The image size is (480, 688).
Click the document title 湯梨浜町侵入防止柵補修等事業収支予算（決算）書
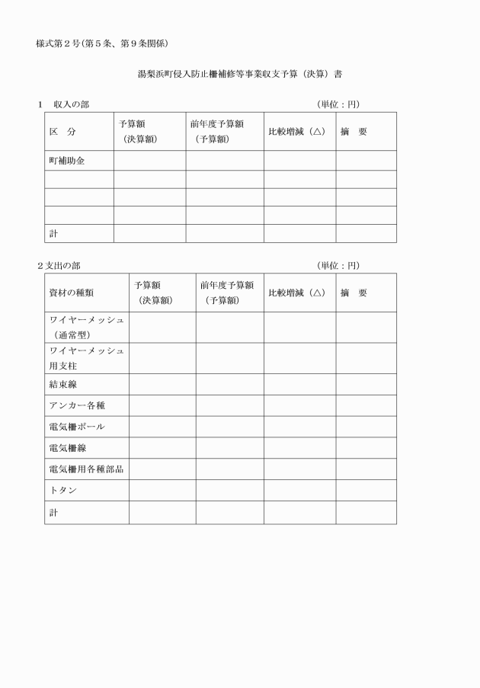click(x=239, y=75)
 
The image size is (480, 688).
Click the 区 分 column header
click(x=62, y=131)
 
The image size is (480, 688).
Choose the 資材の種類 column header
click(x=72, y=293)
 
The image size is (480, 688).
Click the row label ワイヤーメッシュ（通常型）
click(x=86, y=327)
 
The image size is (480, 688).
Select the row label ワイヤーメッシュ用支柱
click(x=86, y=358)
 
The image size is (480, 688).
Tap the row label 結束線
click(x=63, y=384)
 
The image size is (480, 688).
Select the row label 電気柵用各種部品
click(x=86, y=469)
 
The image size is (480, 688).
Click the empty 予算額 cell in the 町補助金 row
click(x=149, y=160)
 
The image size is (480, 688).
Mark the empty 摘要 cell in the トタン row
click(x=366, y=490)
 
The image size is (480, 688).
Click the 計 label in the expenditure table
click(x=54, y=512)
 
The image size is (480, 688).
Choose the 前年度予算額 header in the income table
click(x=218, y=131)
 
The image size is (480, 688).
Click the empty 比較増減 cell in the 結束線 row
click(x=299, y=384)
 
